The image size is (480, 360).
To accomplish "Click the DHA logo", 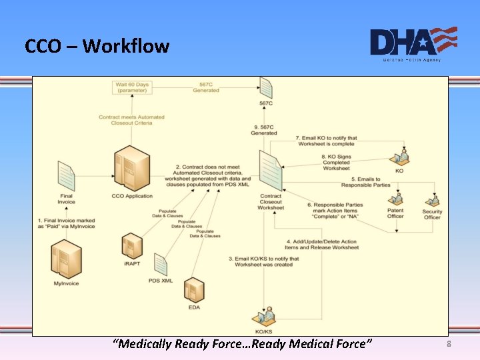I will click(x=413, y=43).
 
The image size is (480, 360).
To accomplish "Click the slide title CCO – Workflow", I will click(x=97, y=46).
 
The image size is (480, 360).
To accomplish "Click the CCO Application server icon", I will click(x=131, y=169).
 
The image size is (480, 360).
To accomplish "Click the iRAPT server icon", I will click(x=132, y=247).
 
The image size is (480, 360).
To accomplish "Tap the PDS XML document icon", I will click(x=161, y=264).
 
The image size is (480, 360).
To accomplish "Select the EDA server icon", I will click(x=194, y=290).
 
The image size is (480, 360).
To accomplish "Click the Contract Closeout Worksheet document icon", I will click(x=271, y=171).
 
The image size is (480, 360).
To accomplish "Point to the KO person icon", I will click(x=399, y=157).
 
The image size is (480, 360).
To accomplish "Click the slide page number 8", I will click(x=449, y=343).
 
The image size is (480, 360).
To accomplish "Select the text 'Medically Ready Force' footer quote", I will click(x=243, y=343).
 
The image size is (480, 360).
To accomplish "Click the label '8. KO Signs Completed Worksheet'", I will click(x=336, y=162).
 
